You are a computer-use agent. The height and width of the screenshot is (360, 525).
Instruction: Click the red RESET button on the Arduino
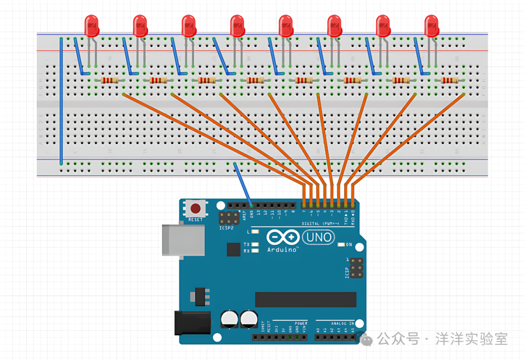(195, 209)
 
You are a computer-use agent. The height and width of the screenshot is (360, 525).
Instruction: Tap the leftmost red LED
(91, 25)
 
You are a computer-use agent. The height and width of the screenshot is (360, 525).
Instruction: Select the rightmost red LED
(432, 25)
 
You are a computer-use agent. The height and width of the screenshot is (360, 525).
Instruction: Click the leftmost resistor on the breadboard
(110, 80)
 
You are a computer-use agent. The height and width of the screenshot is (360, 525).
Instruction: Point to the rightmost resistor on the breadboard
(450, 80)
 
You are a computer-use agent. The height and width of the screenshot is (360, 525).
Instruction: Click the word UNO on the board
(319, 237)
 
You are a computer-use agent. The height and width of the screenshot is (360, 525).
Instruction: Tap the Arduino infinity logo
(282, 237)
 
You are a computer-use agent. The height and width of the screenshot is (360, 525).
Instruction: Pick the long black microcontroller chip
(305, 299)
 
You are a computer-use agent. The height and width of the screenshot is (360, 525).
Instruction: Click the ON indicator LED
(341, 244)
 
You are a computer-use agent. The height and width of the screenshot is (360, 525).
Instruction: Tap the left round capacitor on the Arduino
(229, 319)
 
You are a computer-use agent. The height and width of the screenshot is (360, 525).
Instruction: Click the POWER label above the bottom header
(301, 323)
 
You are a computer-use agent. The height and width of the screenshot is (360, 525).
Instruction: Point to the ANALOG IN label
(343, 323)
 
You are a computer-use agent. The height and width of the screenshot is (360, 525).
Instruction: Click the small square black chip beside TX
(234, 250)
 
